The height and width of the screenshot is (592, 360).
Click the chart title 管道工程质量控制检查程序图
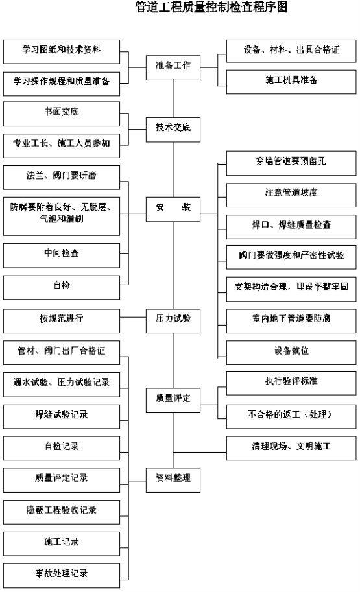coord(211,6)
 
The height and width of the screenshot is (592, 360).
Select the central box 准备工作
coord(173,67)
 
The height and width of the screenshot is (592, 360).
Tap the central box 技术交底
coord(173,130)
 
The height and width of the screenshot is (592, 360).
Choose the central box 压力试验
coord(173,320)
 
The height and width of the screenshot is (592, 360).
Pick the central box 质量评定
coord(173,400)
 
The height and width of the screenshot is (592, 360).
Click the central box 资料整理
coord(173,480)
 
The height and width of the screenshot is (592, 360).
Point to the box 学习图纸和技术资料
coord(62,51)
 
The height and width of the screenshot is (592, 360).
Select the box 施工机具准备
coord(291,82)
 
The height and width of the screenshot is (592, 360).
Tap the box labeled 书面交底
coord(62,113)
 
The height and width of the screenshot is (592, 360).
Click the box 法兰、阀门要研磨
coord(62,177)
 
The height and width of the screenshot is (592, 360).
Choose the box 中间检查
coord(62,255)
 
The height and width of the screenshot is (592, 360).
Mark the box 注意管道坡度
coord(291,195)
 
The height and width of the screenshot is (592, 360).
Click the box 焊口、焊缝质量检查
coord(291,226)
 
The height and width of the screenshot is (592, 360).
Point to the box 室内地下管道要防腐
coord(291,320)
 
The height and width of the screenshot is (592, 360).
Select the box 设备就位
coord(291,352)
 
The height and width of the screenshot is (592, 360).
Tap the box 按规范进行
coord(62,320)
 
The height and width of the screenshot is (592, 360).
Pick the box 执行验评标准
coord(291,383)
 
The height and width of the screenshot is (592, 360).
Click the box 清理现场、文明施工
coord(291,448)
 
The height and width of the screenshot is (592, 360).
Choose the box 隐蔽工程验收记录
coord(62,512)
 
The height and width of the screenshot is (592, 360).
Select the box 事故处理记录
coord(62,575)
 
